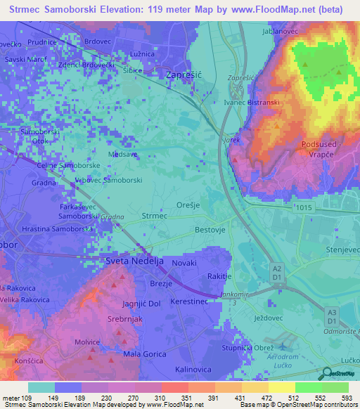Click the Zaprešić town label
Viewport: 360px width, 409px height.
coord(184,73)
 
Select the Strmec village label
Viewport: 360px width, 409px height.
coord(154,216)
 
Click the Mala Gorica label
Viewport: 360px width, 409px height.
coord(143,354)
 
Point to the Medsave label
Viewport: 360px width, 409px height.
coord(123,153)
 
